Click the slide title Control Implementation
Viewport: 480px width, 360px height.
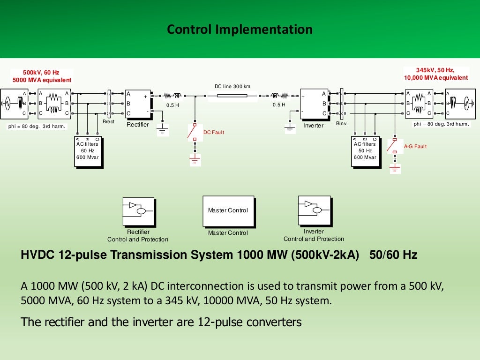(x=240, y=30)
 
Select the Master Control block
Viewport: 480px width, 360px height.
(x=228, y=210)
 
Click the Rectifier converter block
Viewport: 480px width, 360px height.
(x=138, y=104)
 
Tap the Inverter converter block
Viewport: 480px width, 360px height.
(x=314, y=104)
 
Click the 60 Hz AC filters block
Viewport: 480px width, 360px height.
(x=88, y=151)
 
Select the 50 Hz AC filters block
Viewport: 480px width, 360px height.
(x=365, y=151)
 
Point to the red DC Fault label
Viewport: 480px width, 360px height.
(x=214, y=133)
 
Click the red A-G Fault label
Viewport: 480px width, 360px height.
(x=415, y=146)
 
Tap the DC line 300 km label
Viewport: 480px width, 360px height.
(x=232, y=86)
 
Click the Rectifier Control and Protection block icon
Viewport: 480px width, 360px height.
(x=138, y=211)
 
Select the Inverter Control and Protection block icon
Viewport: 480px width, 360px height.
(x=314, y=210)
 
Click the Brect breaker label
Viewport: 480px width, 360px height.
(x=108, y=122)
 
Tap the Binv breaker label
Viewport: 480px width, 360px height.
(x=341, y=124)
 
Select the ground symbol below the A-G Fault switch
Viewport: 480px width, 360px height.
(x=395, y=168)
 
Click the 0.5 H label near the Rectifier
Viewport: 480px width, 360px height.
(x=172, y=105)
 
